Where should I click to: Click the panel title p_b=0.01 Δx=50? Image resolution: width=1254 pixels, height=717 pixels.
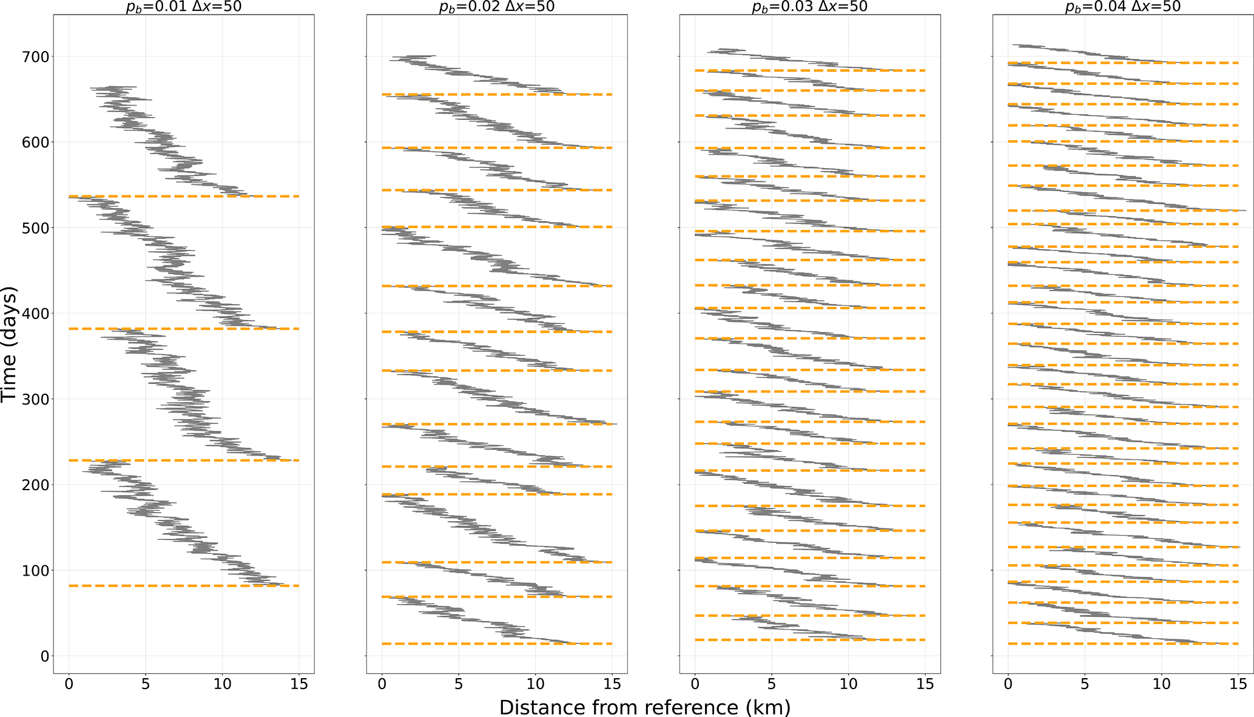(184, 7)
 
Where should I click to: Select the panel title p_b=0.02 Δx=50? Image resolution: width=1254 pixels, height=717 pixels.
(497, 7)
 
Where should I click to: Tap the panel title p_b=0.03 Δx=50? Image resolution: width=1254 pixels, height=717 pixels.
(810, 7)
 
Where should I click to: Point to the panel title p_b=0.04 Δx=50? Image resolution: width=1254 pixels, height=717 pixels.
(1123, 7)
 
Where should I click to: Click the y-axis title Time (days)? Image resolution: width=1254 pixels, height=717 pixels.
(10, 344)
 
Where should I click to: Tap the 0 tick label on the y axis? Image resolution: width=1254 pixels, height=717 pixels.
(44, 656)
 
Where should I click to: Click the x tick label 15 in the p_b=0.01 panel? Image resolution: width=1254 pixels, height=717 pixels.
(298, 685)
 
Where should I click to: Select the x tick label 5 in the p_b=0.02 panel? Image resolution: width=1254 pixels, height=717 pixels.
(459, 685)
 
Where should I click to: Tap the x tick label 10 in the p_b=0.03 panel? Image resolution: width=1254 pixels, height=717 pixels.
(848, 685)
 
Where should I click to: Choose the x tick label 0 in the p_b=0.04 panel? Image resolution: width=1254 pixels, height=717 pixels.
(1008, 685)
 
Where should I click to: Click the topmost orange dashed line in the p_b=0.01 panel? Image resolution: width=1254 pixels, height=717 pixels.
(184, 197)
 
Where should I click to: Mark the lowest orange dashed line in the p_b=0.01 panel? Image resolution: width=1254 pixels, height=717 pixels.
(184, 586)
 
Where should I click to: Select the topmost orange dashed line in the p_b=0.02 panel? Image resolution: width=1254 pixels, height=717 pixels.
(497, 95)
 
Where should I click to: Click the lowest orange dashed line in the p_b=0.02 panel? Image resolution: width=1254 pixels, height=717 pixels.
(497, 644)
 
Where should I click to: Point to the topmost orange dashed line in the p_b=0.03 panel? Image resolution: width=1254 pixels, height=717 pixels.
(810, 71)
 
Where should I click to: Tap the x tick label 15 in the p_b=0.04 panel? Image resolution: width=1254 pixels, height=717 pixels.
(1238, 685)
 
